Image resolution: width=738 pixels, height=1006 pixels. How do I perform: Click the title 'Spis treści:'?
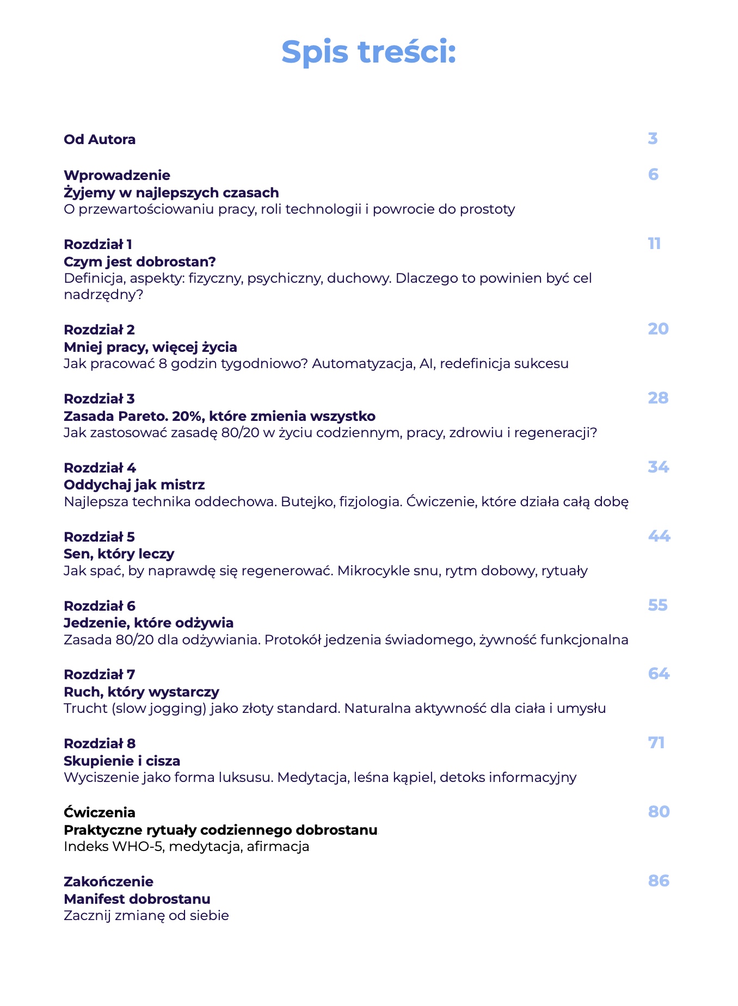[x=368, y=52]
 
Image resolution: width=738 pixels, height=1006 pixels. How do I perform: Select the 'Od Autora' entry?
[x=100, y=140]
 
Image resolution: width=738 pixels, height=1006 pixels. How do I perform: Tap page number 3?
[x=653, y=139]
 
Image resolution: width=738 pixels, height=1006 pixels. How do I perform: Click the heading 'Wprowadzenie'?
[x=116, y=175]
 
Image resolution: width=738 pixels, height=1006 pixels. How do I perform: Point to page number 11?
[x=654, y=244]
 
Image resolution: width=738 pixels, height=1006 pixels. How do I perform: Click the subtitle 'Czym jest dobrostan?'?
[x=140, y=262]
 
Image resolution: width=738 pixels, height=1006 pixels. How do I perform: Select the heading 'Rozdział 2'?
[x=99, y=330]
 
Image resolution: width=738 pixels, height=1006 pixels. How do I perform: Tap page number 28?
[x=658, y=398]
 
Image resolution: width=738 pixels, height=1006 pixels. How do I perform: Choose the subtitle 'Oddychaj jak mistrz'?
[x=134, y=485]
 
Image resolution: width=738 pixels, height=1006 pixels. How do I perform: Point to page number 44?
[x=659, y=536]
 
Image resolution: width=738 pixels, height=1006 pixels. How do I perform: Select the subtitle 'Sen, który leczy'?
[x=119, y=554]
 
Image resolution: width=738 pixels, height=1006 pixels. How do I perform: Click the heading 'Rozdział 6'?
[x=99, y=606]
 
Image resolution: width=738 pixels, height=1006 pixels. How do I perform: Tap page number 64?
[x=659, y=674]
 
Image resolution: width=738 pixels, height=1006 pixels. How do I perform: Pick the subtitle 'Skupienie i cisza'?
[x=122, y=760]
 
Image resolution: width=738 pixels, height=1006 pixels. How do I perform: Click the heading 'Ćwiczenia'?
[x=99, y=812]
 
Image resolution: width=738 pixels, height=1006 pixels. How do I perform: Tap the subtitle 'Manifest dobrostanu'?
[x=137, y=898]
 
